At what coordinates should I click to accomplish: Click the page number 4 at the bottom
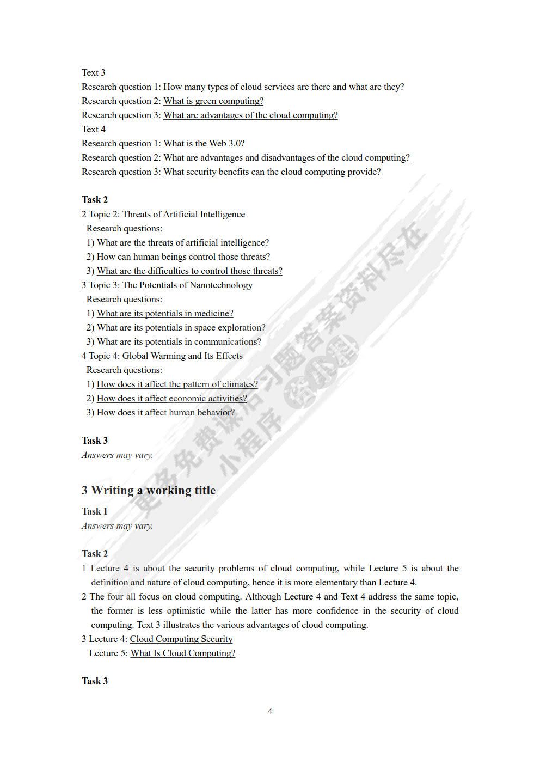coord(270,711)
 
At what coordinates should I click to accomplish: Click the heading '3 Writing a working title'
coord(149,490)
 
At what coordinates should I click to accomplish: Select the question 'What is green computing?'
coord(213,101)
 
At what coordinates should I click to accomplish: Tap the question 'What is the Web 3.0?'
coord(204,143)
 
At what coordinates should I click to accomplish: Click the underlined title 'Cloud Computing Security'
coord(181,639)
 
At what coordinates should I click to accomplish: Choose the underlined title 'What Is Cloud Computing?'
coord(183,653)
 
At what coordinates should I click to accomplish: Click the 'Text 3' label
coord(94,72)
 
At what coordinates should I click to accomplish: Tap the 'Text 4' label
coord(94,129)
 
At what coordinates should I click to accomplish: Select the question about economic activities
coord(171,398)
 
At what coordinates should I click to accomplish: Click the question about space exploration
coord(181,327)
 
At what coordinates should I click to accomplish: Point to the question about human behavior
coord(165,412)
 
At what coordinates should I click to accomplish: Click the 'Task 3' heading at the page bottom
coord(95,681)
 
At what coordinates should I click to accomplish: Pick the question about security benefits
coord(272,172)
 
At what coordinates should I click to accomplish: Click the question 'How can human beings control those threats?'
coord(183,256)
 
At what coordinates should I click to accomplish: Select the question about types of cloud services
coord(284,87)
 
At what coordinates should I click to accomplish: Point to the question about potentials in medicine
coord(165,313)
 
